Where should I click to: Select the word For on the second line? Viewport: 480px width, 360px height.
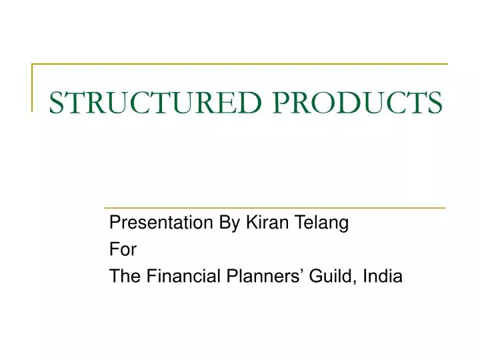pyautogui.click(x=123, y=250)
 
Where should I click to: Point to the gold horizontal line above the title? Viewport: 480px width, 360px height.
pyautogui.click(x=240, y=65)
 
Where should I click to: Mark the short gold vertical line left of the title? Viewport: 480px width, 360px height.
pyautogui.click(x=33, y=87)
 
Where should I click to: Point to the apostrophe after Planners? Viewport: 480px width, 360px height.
pyautogui.click(x=295, y=270)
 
